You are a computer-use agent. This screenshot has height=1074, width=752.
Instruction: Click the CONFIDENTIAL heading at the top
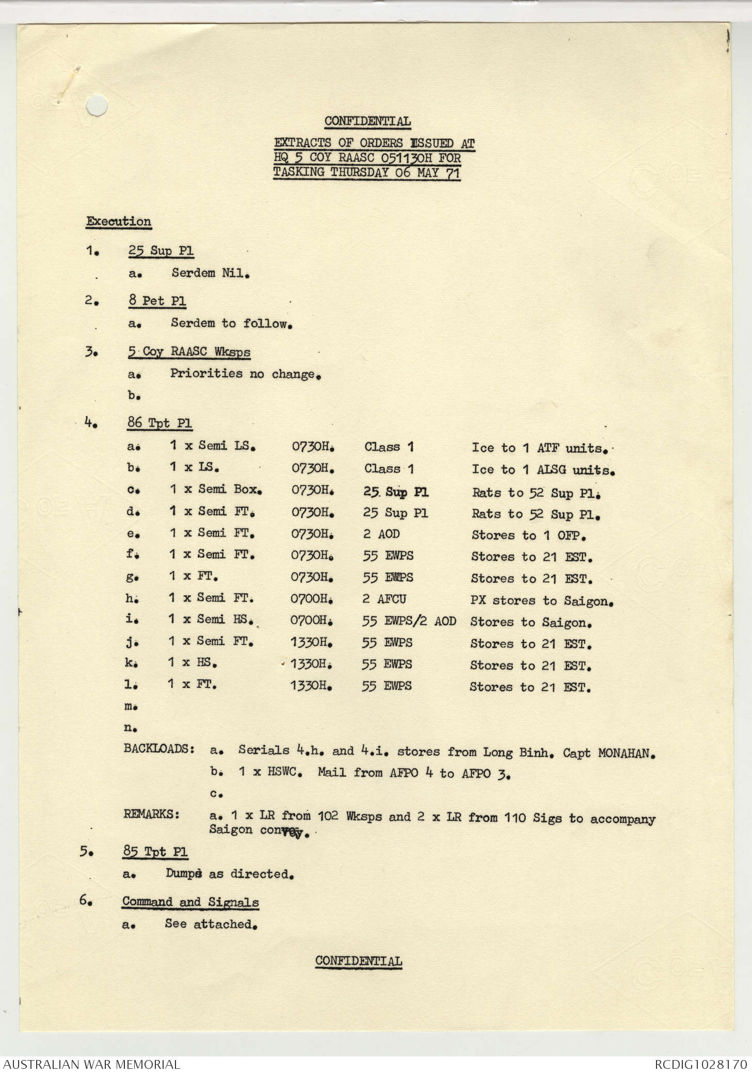coord(367,122)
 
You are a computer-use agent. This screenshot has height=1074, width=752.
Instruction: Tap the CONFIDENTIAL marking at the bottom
coord(359,961)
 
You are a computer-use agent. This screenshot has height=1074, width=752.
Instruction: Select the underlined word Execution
coord(119,221)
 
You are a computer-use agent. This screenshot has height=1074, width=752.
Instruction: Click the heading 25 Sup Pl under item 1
coord(161,251)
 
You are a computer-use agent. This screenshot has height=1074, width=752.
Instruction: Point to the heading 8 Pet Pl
coord(157,301)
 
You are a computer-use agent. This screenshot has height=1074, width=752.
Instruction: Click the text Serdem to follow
coord(232,323)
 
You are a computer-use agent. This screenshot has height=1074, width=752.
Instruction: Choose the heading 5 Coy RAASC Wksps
coord(189,352)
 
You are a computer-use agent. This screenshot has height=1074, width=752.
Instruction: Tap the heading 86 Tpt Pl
coord(159,423)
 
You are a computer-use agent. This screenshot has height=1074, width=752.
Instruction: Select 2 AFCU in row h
coord(384,599)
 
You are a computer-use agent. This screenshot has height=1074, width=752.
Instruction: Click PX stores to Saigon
coord(541,600)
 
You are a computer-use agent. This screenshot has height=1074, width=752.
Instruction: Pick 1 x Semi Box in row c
coord(216,489)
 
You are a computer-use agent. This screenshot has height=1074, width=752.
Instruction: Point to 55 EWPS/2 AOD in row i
coord(409,621)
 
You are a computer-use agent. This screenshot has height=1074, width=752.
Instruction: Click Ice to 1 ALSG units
coord(543,470)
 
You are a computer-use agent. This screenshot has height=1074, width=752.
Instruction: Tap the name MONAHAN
coord(626,753)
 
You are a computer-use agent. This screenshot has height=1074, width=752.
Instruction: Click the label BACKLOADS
coord(159,749)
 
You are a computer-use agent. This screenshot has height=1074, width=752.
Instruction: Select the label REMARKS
coord(152,815)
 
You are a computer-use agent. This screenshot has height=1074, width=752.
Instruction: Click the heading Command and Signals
coord(190,902)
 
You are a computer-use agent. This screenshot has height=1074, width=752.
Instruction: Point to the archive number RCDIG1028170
coord(700,1064)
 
